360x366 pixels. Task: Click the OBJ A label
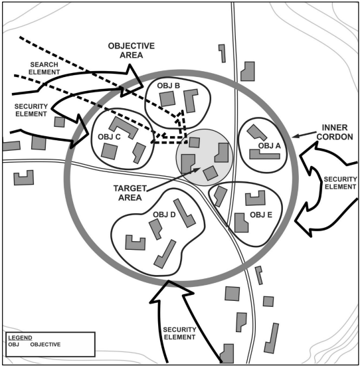tap(269, 146)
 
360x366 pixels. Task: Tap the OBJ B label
tap(168, 86)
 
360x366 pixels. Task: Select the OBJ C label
tap(109, 137)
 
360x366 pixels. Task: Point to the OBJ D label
tap(164, 215)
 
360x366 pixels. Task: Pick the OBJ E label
tap(261, 215)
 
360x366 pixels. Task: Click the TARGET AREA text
tap(130, 193)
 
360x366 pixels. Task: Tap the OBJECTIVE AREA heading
tap(132, 50)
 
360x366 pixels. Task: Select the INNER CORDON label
tap(335, 132)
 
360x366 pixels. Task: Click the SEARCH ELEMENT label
tap(44, 68)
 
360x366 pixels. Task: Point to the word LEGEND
tap(20, 337)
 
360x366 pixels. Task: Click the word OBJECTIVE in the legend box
tap(45, 345)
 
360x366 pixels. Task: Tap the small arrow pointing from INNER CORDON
tap(304, 135)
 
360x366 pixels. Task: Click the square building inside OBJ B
tap(167, 98)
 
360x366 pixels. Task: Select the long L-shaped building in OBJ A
tap(264, 155)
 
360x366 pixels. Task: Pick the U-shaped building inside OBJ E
tap(256, 198)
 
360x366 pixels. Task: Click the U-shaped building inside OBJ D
tap(135, 243)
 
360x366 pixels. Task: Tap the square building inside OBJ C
tap(110, 151)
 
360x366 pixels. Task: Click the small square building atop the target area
tap(194, 142)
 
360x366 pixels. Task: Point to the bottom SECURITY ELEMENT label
tap(179, 333)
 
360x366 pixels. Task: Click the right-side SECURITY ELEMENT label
tap(340, 183)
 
